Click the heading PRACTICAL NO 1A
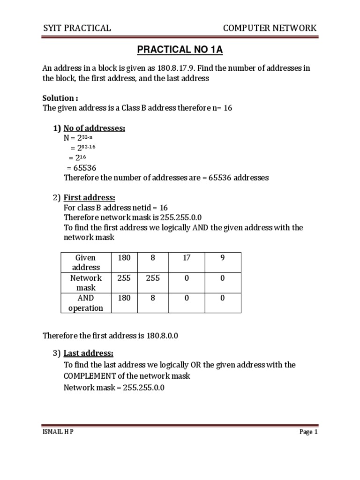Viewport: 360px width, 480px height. click(x=180, y=50)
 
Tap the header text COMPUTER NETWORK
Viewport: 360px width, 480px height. click(x=270, y=28)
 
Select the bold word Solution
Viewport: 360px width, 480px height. click(x=60, y=98)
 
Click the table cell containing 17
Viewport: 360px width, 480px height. click(x=187, y=258)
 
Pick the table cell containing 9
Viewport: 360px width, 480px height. click(x=222, y=258)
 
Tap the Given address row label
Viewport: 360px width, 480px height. click(x=85, y=262)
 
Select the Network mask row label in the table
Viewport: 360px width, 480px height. click(x=85, y=283)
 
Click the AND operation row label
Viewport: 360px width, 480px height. click(x=85, y=303)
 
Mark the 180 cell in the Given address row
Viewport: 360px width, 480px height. click(x=124, y=258)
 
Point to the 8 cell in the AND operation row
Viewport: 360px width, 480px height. click(x=153, y=298)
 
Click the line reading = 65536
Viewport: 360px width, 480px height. click(x=82, y=168)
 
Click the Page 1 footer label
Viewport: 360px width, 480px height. click(x=308, y=432)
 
